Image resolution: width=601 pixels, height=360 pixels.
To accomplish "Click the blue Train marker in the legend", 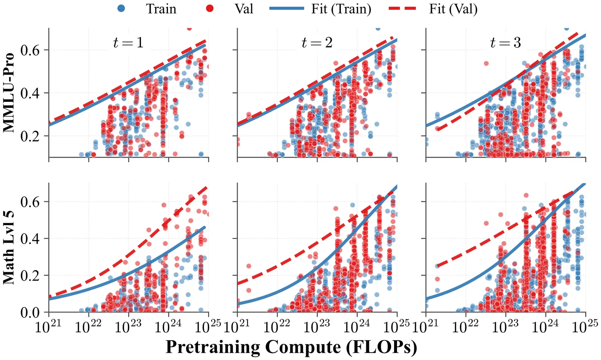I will tap(121, 8).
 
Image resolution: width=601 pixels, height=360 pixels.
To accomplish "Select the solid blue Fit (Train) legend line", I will tap(286, 8).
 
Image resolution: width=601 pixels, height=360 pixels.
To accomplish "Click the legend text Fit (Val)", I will tap(453, 9).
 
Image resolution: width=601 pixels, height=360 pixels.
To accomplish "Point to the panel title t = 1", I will tap(128, 43).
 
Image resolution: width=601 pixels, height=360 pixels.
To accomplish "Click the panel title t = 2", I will tap(317, 43).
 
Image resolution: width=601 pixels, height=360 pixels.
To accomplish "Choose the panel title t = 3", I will tap(506, 43).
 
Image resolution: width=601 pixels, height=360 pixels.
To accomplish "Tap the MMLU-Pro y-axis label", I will tap(9, 92).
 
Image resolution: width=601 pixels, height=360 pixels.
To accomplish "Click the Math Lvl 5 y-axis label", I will tap(9, 247).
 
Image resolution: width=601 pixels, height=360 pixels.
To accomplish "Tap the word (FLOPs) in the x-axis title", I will tap(387, 347).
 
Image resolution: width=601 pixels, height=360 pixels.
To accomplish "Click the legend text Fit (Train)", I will tap(341, 9).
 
